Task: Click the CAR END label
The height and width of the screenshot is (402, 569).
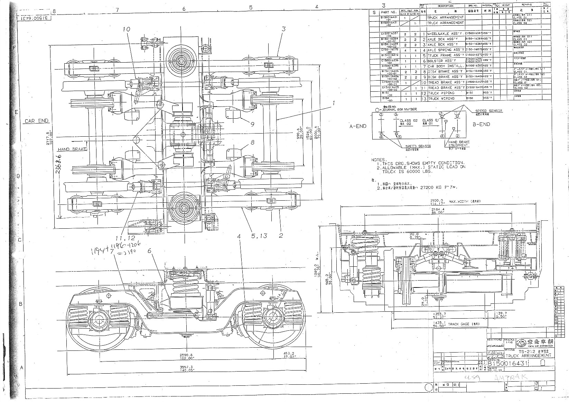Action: click(37, 121)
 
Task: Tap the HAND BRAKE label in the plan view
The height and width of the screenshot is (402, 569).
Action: click(72, 149)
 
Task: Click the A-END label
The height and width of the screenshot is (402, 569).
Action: click(358, 126)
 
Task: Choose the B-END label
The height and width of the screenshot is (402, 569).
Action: click(482, 124)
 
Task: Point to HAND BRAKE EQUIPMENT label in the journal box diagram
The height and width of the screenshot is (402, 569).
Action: click(458, 144)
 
